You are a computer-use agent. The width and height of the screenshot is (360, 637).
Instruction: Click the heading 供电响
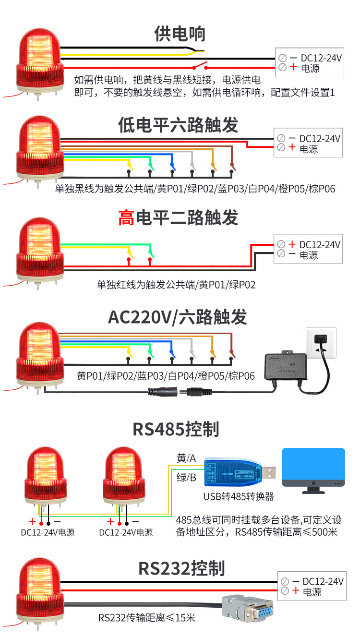tap(180, 34)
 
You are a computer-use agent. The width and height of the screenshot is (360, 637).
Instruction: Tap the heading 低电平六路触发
tap(178, 125)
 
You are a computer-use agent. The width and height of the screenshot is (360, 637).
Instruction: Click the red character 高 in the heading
tap(126, 218)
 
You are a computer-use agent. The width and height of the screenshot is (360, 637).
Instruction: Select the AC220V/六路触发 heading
tap(177, 317)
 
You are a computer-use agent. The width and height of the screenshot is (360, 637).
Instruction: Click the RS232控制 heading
tap(181, 569)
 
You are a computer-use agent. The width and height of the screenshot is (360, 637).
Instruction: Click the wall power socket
tap(322, 342)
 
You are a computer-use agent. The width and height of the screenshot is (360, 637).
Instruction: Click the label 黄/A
tap(186, 458)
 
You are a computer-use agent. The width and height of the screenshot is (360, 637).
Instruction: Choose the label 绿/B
tap(186, 477)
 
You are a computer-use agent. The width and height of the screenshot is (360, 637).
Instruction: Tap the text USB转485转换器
tap(239, 496)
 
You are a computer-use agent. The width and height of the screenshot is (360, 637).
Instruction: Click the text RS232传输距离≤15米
tap(147, 617)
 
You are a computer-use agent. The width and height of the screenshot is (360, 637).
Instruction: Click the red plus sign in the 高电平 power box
tap(292, 244)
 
